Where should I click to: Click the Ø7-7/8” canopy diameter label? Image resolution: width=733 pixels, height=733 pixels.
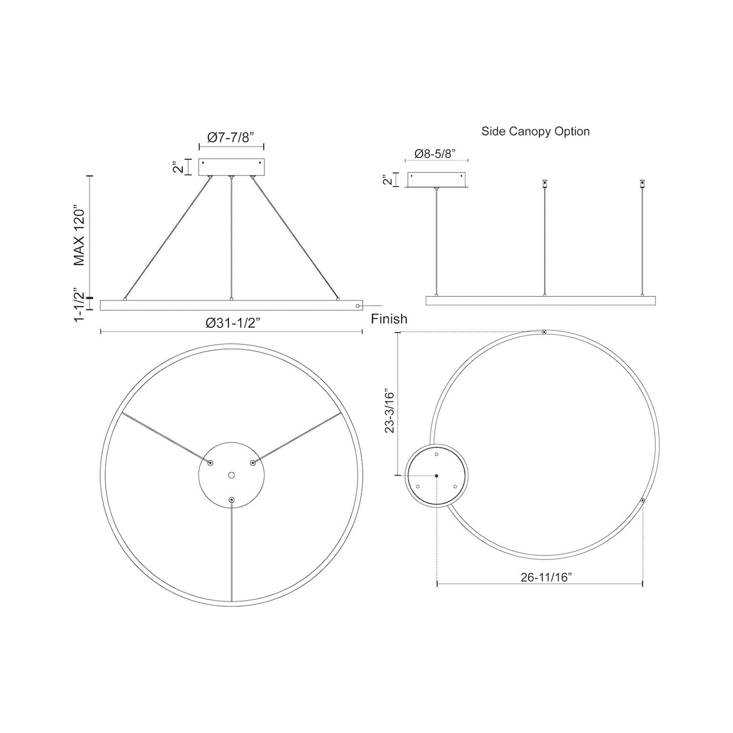tap(231, 137)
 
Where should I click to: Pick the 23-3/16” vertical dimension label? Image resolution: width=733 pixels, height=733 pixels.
tap(390, 411)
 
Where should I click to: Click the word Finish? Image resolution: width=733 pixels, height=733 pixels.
tap(389, 319)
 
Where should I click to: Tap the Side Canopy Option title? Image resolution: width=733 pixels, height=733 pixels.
tap(535, 132)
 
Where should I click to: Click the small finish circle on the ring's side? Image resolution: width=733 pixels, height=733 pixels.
tap(357, 305)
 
